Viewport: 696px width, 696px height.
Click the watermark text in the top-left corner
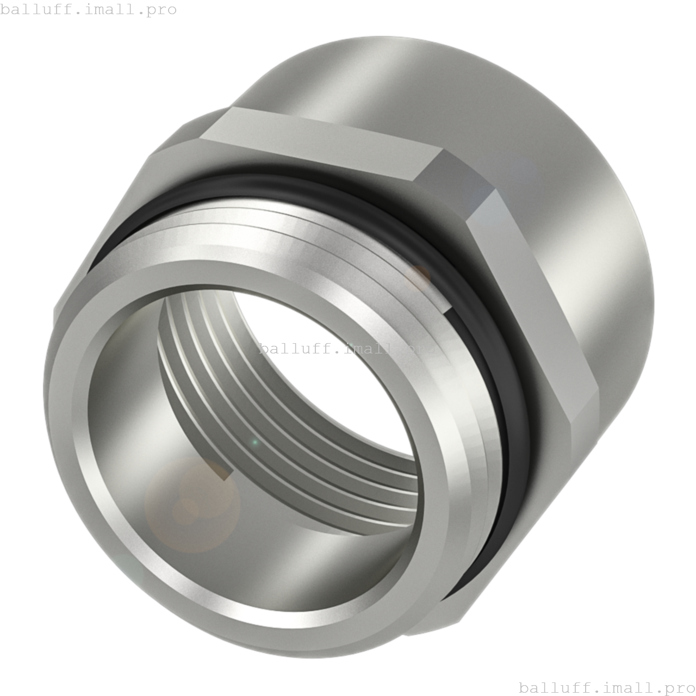click(88, 10)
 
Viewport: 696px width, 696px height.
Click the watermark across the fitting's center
click(348, 348)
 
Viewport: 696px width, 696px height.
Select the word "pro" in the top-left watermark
click(162, 10)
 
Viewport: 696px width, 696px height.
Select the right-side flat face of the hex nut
click(533, 304)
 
